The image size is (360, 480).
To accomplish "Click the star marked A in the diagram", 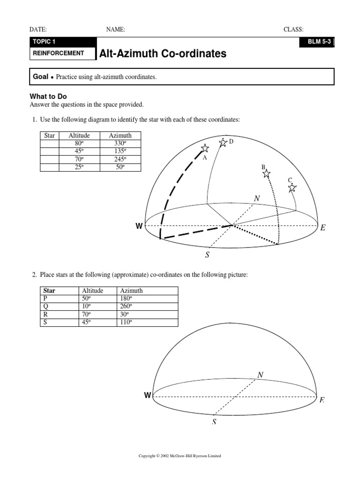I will click(x=204, y=149).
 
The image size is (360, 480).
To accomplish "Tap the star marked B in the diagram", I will click(x=266, y=174).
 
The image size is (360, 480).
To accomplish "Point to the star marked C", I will click(x=292, y=187).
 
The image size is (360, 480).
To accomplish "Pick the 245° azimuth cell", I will click(x=120, y=159).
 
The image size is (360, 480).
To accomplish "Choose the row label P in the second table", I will click(x=45, y=299).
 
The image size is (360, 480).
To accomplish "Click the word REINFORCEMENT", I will click(x=58, y=53).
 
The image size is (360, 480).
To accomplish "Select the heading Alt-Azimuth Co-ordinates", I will click(x=163, y=54).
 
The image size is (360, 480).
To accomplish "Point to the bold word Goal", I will click(x=40, y=76).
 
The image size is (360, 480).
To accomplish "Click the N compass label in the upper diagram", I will click(x=256, y=199).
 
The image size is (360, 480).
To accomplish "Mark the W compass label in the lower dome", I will click(x=148, y=396).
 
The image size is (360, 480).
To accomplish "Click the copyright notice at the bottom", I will click(x=180, y=456).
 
